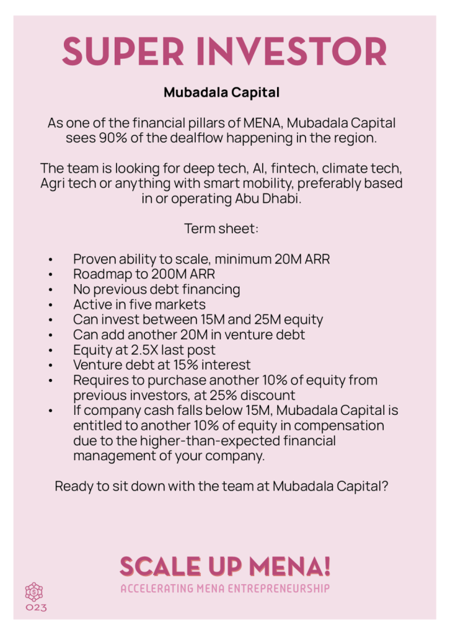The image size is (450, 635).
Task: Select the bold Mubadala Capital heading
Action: [221, 93]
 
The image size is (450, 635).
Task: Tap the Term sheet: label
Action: [221, 229]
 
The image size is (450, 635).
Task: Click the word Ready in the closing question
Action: [73, 486]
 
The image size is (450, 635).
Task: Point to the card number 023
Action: [36, 608]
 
